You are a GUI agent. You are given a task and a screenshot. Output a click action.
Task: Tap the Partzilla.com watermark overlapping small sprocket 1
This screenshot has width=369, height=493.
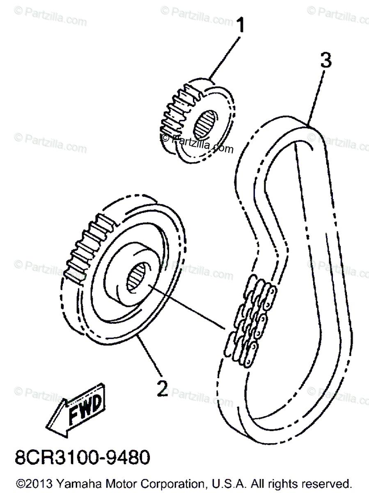[x=197, y=143]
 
